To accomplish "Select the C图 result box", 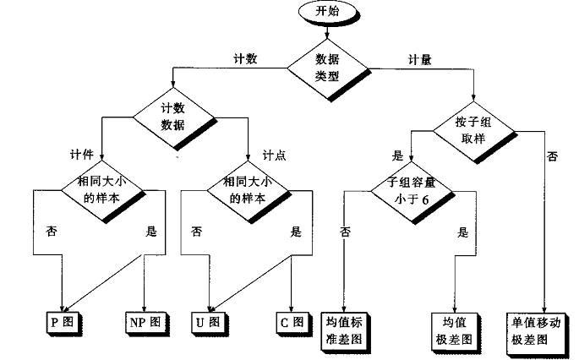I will pyautogui.click(x=290, y=322).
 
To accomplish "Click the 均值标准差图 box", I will pyautogui.click(x=344, y=330).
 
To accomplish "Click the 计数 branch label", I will pyautogui.click(x=245, y=59).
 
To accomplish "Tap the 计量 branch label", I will pyautogui.click(x=420, y=59).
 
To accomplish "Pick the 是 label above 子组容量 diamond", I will pyautogui.click(x=399, y=155).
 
